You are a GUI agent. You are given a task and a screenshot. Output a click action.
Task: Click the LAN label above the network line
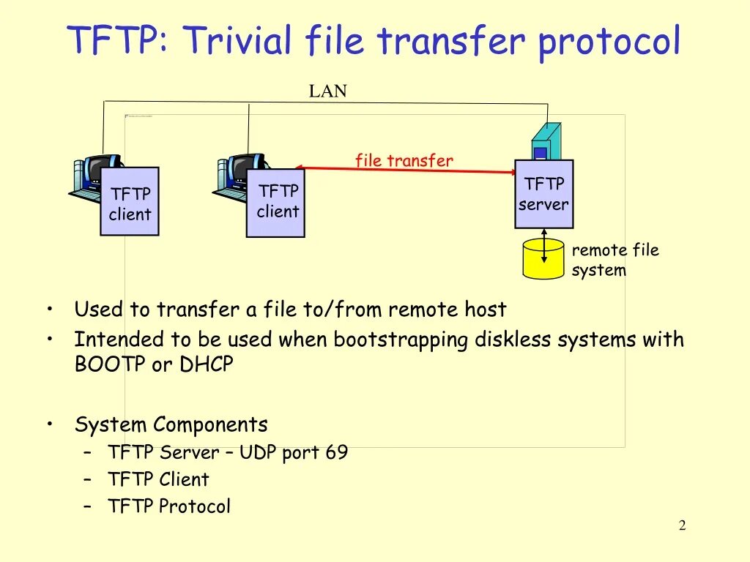click(x=327, y=91)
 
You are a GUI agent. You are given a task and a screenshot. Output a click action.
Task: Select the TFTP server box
click(x=543, y=194)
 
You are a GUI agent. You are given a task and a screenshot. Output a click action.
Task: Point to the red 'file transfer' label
click(x=404, y=160)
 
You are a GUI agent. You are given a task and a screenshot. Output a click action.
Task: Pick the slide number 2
click(x=682, y=525)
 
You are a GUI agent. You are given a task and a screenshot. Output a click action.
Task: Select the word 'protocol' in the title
click(x=609, y=42)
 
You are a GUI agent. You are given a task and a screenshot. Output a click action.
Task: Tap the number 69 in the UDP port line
click(x=337, y=452)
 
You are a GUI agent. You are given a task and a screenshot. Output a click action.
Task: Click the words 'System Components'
click(x=171, y=424)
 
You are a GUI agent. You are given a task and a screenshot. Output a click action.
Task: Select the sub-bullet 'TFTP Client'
click(x=158, y=479)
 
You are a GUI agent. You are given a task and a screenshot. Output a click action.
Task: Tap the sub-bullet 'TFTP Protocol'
click(x=169, y=506)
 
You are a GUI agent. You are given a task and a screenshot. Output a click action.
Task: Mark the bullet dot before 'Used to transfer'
click(x=48, y=309)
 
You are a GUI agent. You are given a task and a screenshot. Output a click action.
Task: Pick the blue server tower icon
click(x=546, y=141)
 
